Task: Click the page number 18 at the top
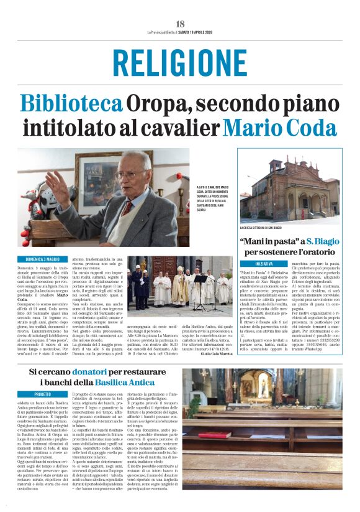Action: [180, 24]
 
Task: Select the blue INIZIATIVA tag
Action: [252, 264]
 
